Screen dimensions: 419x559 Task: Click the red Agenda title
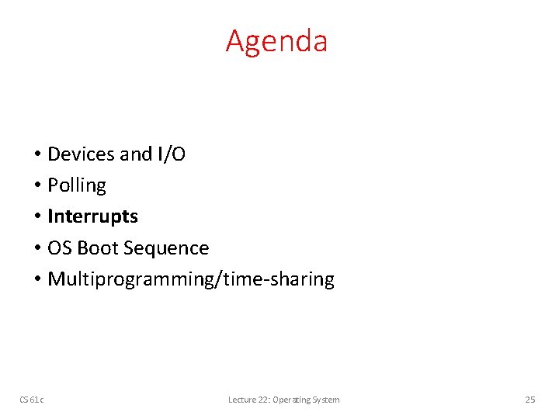coord(276,41)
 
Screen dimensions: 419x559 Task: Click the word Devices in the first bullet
coord(82,154)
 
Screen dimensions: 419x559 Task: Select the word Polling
coord(77,186)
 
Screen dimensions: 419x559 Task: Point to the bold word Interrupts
coord(92,216)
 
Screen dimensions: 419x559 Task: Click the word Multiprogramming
coord(132,280)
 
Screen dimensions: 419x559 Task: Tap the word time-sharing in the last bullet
coord(278,279)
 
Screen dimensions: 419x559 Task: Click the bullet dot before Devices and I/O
coord(37,155)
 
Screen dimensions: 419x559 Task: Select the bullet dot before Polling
coord(37,186)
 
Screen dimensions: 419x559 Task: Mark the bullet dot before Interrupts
coord(37,217)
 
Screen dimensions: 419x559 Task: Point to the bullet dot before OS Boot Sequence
coord(37,249)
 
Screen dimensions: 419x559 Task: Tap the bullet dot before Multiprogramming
coord(37,280)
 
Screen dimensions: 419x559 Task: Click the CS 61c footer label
coord(32,400)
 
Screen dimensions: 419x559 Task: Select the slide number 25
coord(530,400)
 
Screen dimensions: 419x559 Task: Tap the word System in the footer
coord(326,400)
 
